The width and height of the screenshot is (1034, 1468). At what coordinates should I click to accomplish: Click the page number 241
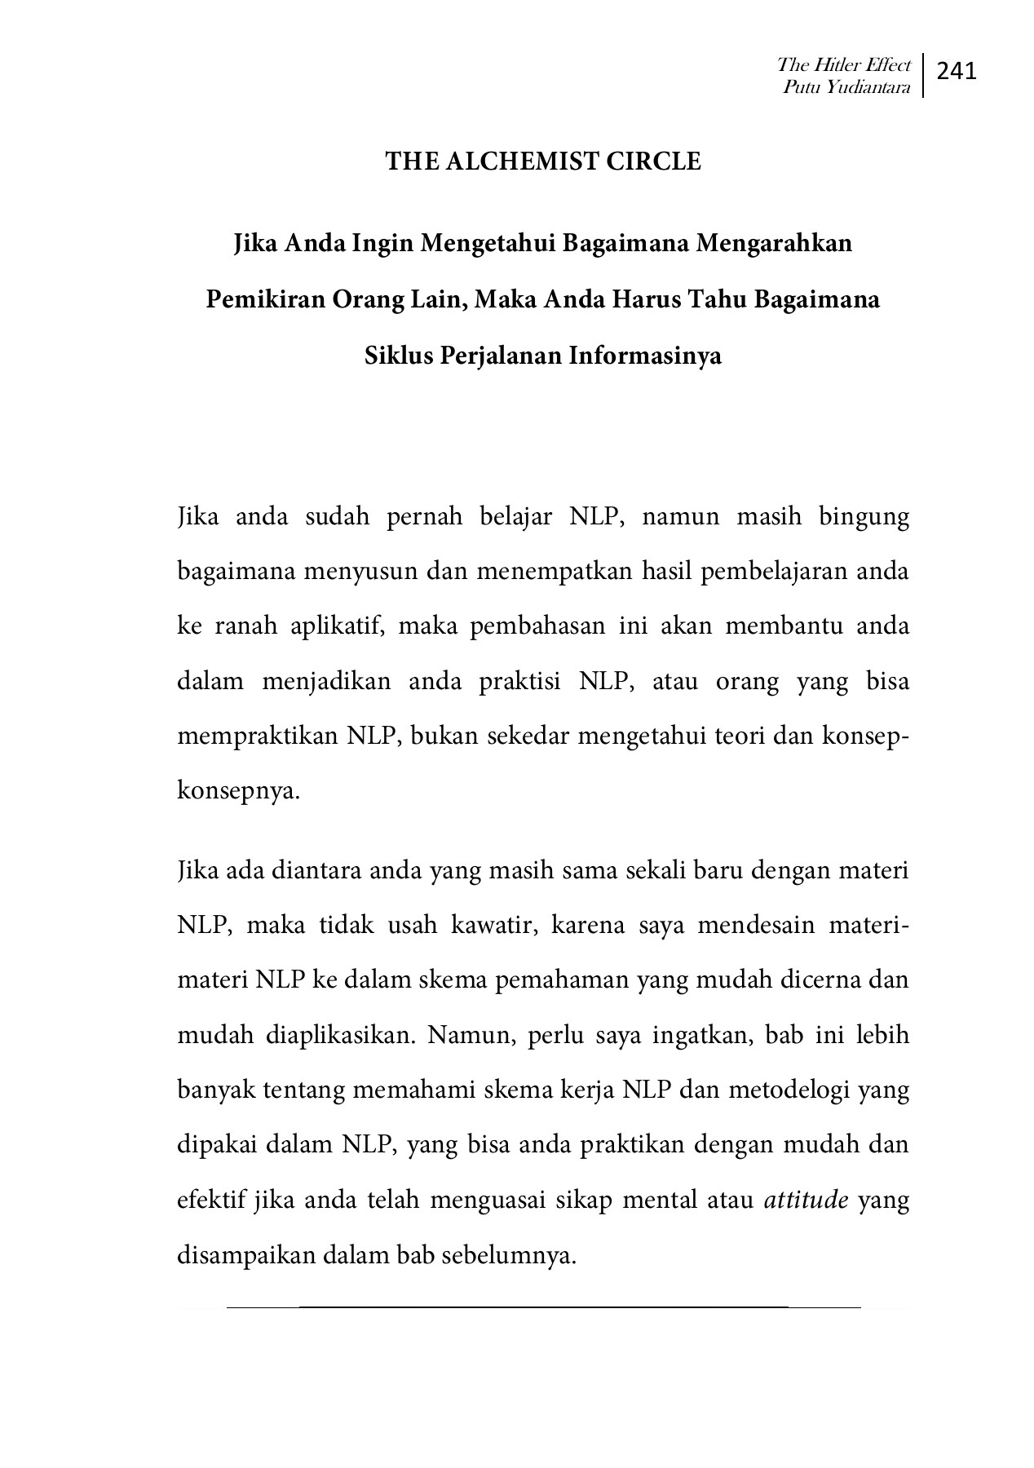coord(957,72)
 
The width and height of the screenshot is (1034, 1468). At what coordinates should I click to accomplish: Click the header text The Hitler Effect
coord(843,64)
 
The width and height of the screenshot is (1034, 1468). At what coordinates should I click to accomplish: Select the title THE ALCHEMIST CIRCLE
coord(543,161)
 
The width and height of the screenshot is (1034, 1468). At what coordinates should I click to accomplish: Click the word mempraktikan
coord(258,736)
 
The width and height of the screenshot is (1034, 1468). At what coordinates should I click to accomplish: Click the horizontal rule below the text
coord(543,1307)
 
